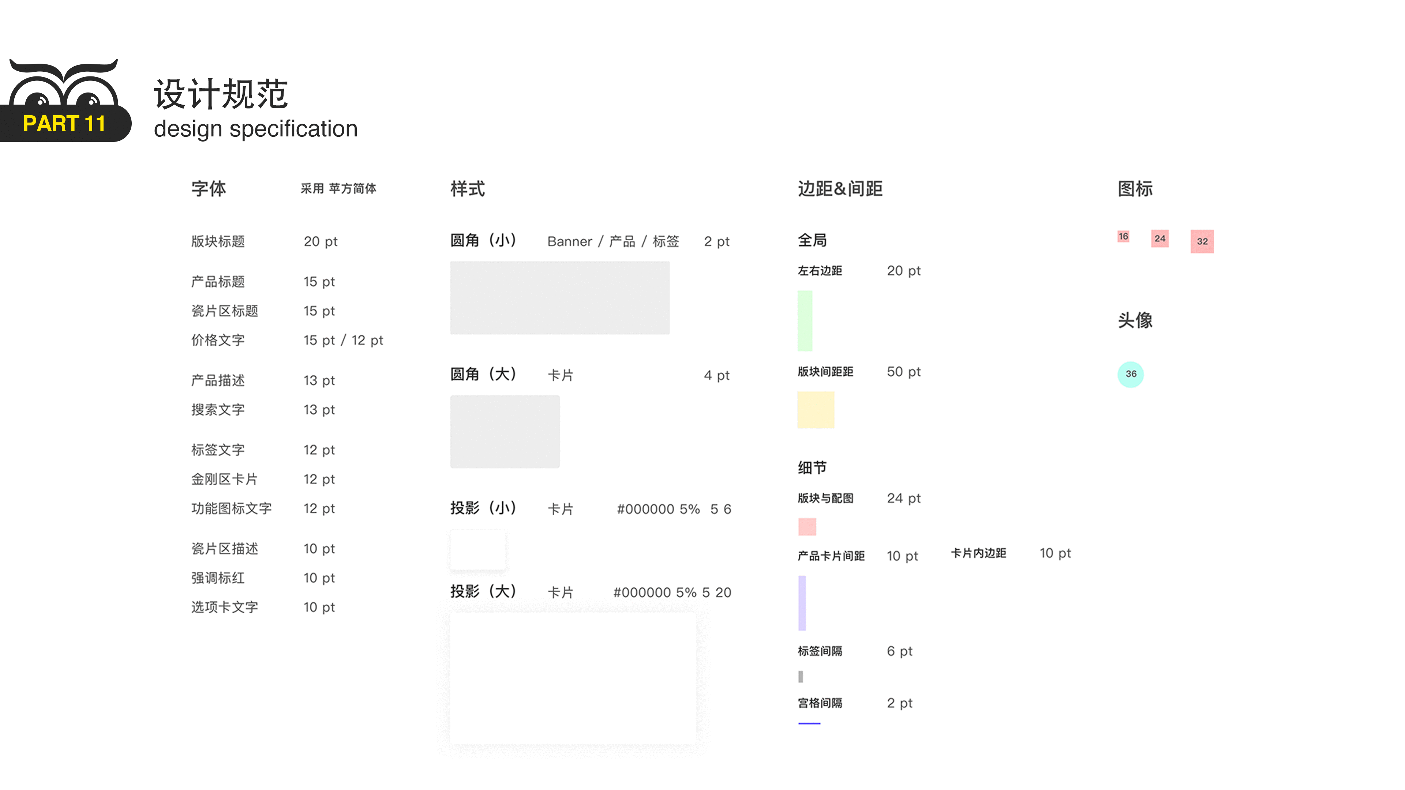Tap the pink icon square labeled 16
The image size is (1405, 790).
coord(1123,237)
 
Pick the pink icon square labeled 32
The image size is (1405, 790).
coord(1202,241)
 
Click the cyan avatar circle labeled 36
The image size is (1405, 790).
coord(1131,374)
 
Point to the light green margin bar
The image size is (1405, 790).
coord(805,321)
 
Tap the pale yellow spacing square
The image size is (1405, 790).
coord(816,410)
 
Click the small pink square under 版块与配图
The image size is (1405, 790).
coord(807,527)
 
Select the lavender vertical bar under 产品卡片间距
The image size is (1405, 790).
coord(802,603)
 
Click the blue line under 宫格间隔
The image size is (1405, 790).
coord(809,723)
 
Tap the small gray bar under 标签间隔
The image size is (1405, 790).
coord(801,677)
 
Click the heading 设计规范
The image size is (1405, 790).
coord(221,94)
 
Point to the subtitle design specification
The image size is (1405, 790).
coord(256,129)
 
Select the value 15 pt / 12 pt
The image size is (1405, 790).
coord(343,340)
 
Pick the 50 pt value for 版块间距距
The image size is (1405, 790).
coord(904,372)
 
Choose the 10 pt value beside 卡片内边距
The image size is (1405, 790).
coord(1055,553)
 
